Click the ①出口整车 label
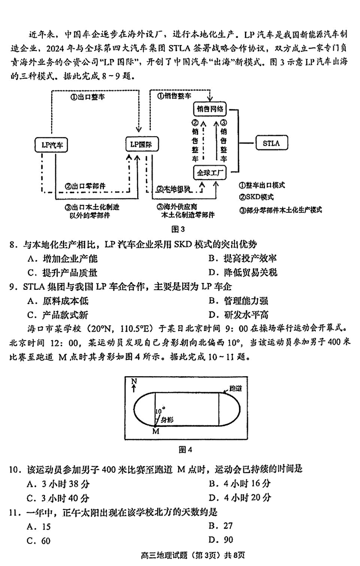click(x=84, y=95)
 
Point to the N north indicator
click(x=133, y=383)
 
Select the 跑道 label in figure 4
click(x=236, y=387)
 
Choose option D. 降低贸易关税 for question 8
click(x=243, y=272)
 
